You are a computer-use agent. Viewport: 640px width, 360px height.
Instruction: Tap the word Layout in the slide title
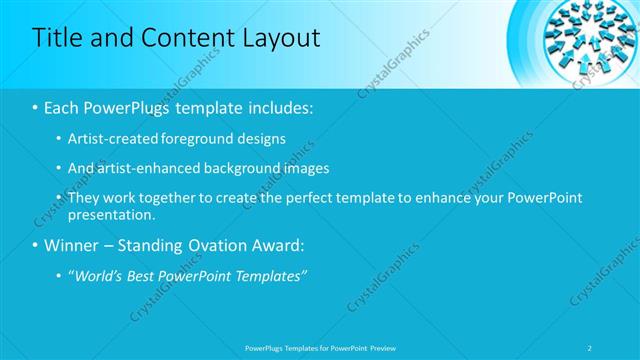(x=281, y=39)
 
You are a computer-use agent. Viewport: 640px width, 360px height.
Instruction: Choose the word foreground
(x=194, y=139)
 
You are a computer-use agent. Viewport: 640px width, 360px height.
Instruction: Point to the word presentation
(x=111, y=214)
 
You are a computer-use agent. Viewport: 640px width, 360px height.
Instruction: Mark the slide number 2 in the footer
(x=591, y=347)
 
